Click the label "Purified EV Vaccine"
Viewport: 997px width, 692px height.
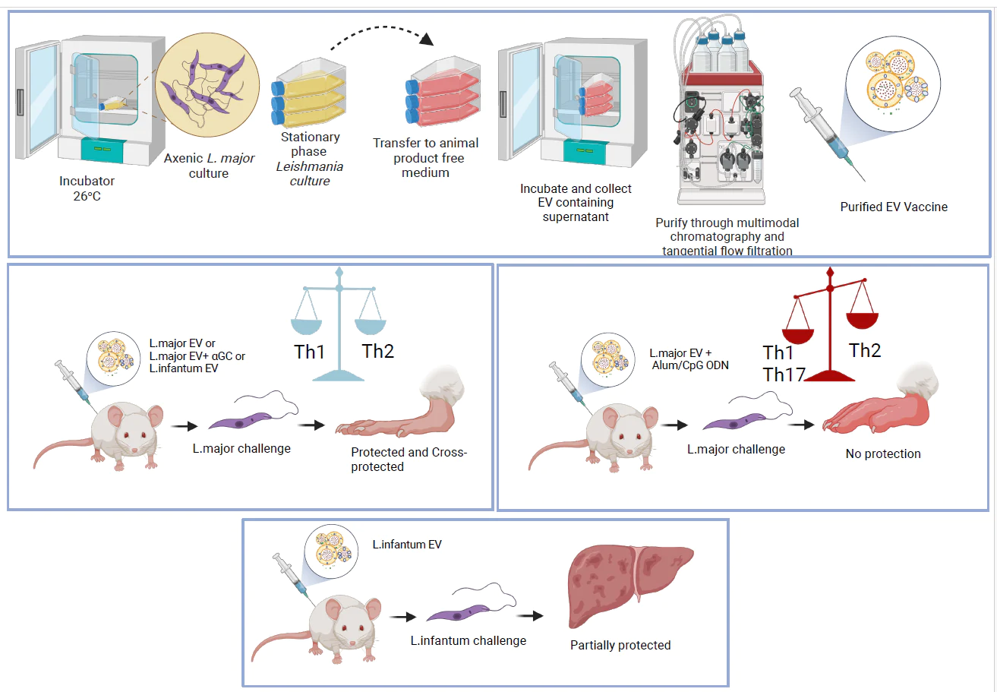(x=894, y=207)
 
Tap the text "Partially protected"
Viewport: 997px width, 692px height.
(x=620, y=645)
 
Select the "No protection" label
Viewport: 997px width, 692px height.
(x=883, y=453)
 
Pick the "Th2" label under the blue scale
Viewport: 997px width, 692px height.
(x=378, y=351)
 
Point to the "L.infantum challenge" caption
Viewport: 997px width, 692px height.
(x=468, y=640)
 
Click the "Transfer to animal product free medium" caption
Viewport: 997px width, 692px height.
(x=426, y=157)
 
